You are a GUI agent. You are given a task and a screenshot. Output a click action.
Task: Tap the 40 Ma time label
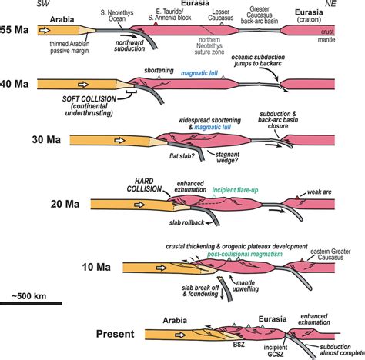click(x=16, y=82)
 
